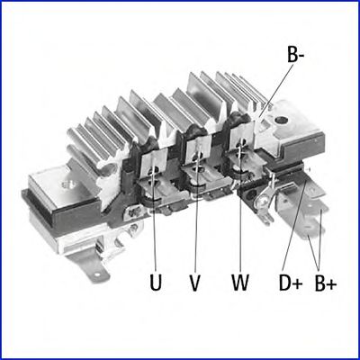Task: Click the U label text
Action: [156, 283]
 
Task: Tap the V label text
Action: [195, 283]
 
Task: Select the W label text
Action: [240, 283]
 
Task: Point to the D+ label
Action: [291, 283]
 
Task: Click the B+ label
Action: [326, 283]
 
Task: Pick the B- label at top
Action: [296, 55]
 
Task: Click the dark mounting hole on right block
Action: [281, 121]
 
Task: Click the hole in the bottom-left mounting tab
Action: [96, 274]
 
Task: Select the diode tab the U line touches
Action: [154, 161]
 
